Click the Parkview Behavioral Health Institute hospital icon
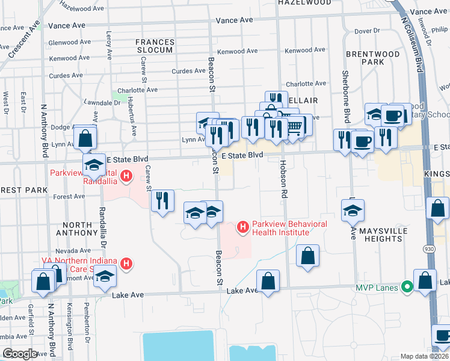[243, 227]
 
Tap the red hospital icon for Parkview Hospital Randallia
[126, 176]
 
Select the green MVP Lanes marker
[407, 288]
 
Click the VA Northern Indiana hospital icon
[126, 263]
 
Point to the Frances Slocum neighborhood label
[155, 46]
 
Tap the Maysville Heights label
[380, 235]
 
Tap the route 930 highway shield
[432, 248]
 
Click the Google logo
[19, 354]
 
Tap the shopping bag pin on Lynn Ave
[85, 137]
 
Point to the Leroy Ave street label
[109, 46]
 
